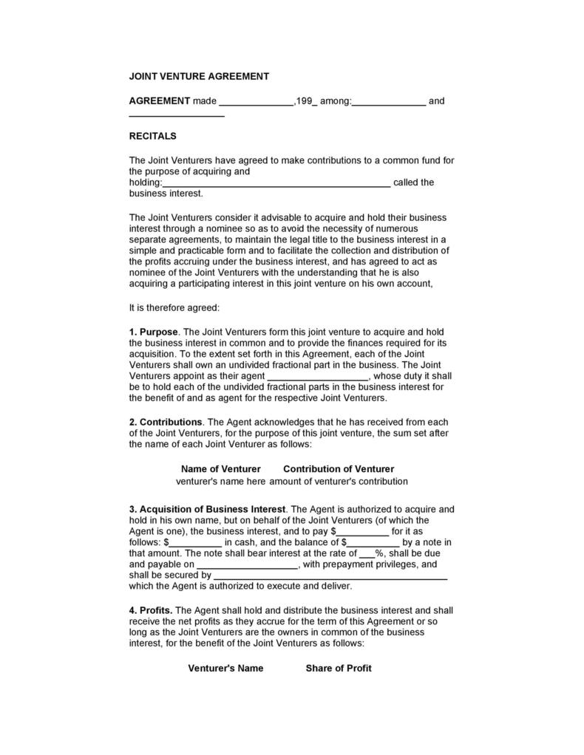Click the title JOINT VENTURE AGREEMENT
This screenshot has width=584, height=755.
(x=199, y=76)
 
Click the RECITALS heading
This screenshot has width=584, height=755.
(x=152, y=136)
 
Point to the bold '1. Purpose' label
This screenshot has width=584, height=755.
(x=154, y=332)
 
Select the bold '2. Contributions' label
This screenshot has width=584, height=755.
(x=166, y=422)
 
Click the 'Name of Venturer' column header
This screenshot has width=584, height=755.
(x=220, y=468)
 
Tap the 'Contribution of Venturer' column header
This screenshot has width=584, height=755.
(x=339, y=468)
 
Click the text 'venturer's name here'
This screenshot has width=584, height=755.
(x=220, y=481)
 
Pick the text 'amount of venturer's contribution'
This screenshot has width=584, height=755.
(x=339, y=481)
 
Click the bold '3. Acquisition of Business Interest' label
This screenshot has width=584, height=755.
(x=207, y=509)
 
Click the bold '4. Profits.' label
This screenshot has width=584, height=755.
(x=151, y=610)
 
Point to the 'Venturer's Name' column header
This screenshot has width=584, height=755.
(x=225, y=668)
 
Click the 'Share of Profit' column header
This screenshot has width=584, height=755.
(x=339, y=668)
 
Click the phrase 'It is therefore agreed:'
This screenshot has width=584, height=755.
(x=174, y=307)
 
